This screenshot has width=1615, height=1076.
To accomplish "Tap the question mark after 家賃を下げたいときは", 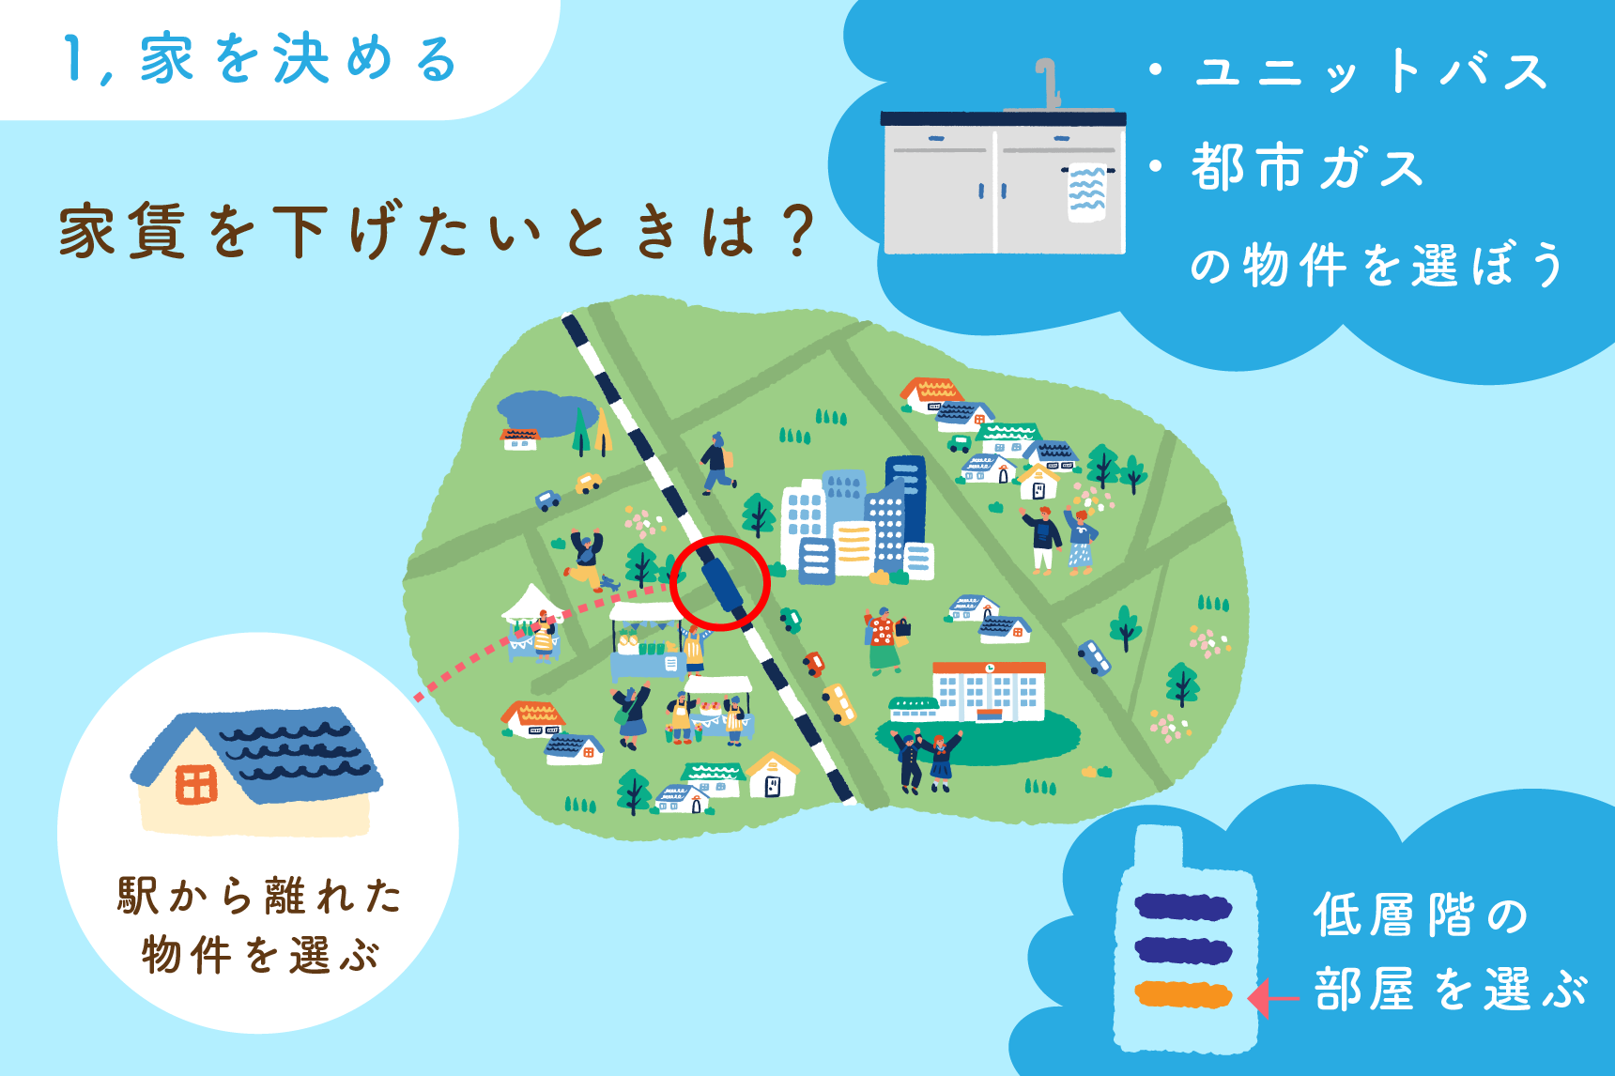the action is (798, 231).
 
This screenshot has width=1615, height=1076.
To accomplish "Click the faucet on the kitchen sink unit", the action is (1048, 83).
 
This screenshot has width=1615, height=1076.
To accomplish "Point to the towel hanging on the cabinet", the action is (1086, 193).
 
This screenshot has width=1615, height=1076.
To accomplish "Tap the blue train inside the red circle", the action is (722, 582).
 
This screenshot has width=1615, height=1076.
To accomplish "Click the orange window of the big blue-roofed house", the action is (196, 784).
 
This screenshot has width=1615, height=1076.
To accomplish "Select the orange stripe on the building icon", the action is (1183, 994).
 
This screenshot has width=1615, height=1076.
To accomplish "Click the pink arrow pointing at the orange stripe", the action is (1274, 998).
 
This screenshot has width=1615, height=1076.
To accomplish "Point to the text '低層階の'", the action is (1422, 915).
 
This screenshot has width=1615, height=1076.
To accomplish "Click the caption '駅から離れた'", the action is (259, 896).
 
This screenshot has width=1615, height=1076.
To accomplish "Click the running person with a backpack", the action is (717, 464).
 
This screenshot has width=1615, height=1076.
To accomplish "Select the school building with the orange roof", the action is (989, 691).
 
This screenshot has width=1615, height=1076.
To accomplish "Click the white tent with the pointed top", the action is (532, 604).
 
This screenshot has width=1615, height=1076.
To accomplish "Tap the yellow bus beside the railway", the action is (839, 703).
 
